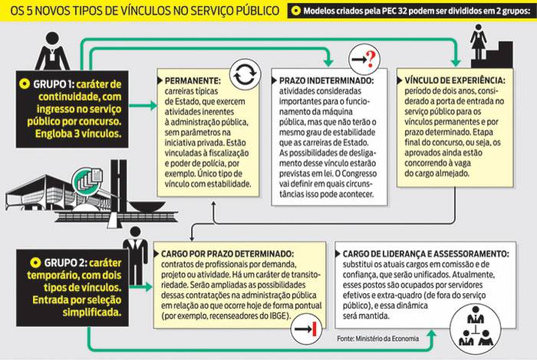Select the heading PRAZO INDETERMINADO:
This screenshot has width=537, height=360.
tap(326, 80)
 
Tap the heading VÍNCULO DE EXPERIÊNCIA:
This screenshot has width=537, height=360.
tap(451, 80)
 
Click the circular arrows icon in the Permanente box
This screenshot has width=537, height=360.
tap(245, 74)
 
